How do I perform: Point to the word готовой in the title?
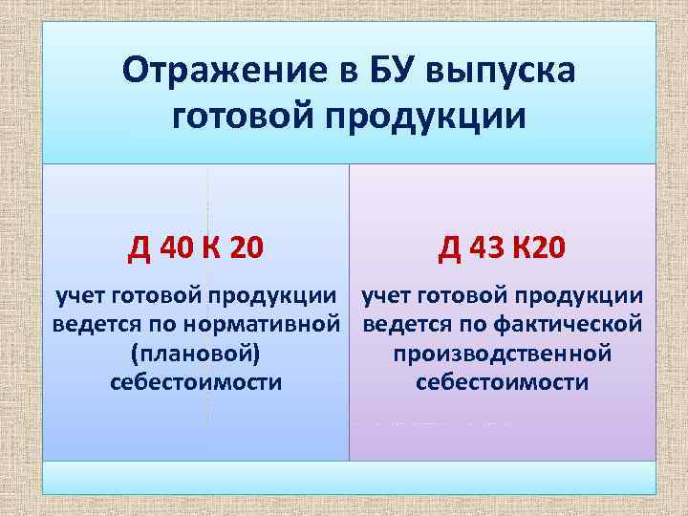(230, 118)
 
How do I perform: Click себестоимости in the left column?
(196, 383)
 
